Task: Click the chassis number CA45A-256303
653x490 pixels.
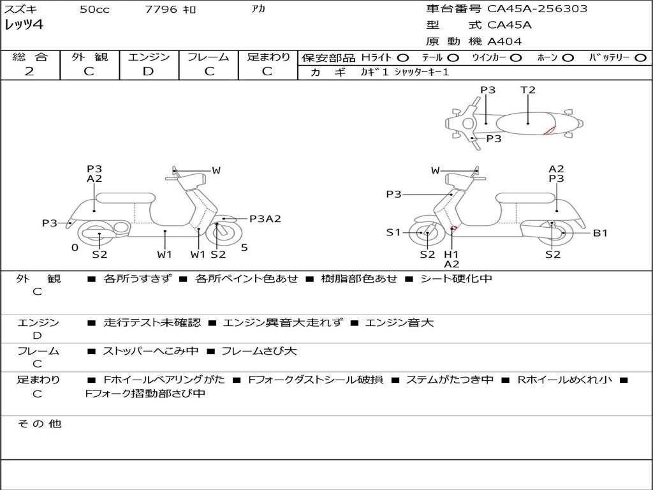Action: coord(538,9)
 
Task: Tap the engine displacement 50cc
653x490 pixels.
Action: coord(93,10)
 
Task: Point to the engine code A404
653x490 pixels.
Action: coord(504,41)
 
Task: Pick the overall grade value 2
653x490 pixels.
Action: coord(29,71)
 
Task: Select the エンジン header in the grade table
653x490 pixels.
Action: coord(149,57)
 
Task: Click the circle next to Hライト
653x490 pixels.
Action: coord(403,57)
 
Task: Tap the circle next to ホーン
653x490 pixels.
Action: coord(568,57)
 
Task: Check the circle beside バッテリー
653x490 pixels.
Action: coord(640,57)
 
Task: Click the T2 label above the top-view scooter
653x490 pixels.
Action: coord(528,90)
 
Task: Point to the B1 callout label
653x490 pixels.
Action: coord(600,233)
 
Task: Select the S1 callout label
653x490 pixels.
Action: coord(393,232)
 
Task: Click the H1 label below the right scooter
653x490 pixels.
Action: coord(451,255)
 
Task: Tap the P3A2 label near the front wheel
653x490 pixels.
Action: coord(265,219)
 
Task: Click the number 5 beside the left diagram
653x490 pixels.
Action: coord(244,248)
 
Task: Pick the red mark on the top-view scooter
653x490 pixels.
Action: coord(548,131)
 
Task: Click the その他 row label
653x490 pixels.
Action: coord(39,424)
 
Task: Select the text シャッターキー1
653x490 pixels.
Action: coord(422,72)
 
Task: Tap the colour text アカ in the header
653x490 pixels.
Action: coord(258,10)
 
